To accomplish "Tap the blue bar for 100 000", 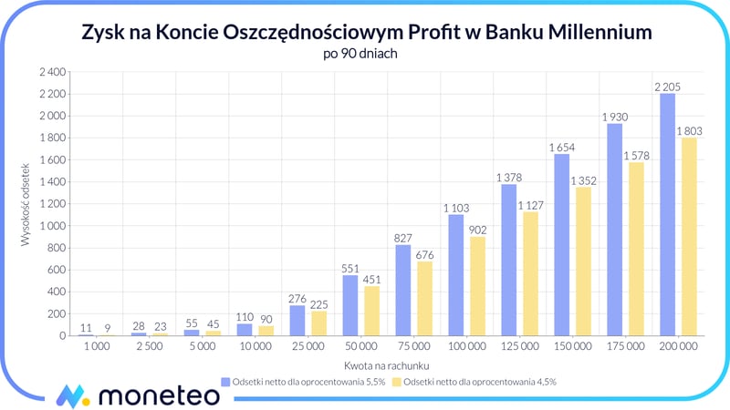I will [x=456, y=275].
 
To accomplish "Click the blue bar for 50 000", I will [x=350, y=305].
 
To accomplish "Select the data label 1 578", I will [x=637, y=156].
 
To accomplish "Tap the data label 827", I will [x=402, y=238].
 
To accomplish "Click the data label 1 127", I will [x=531, y=205].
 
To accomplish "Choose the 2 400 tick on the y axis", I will [x=52, y=72].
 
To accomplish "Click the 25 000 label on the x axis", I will [x=308, y=348].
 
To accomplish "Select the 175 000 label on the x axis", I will [x=625, y=348].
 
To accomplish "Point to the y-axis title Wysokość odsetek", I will [x=26, y=204].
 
